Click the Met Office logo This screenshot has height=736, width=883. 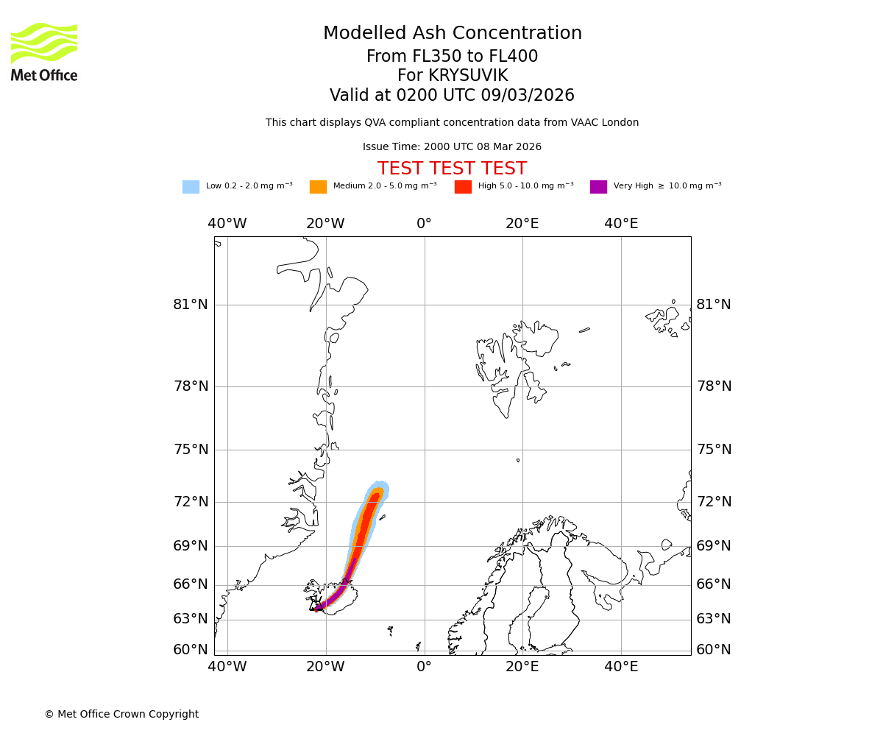44,52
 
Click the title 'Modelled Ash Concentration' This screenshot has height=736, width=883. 453,34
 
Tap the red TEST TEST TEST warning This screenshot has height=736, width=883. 452,169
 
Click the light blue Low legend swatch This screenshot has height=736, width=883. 191,187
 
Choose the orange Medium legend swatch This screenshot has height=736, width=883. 318,187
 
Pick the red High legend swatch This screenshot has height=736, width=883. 463,187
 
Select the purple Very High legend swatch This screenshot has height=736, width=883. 598,187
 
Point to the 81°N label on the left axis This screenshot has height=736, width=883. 191,305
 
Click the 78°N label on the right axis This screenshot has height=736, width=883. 714,386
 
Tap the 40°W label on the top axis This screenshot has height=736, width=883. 227,224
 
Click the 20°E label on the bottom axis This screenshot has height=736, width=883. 522,667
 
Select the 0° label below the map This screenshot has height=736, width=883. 424,667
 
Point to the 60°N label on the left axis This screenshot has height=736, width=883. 191,650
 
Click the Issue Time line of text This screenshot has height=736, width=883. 452,147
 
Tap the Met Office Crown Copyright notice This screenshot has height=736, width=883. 121,714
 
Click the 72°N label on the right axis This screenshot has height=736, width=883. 714,502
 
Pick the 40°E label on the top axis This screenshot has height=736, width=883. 621,224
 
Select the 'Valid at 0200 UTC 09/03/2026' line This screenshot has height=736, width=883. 452,96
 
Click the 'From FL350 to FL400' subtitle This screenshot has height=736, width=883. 452,57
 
